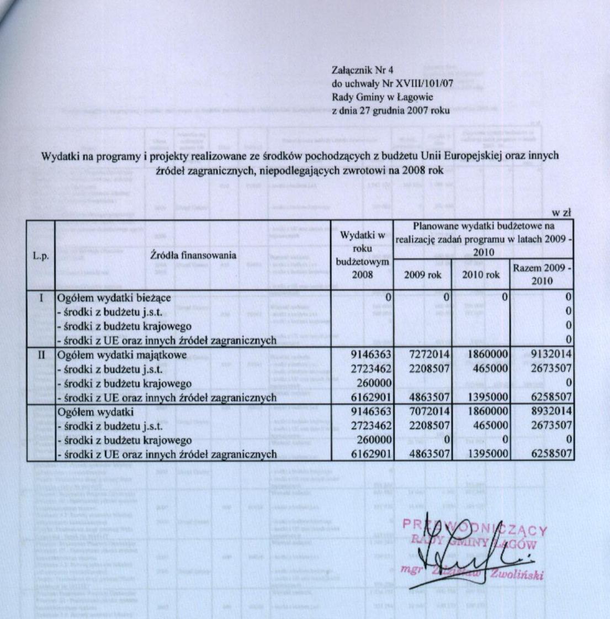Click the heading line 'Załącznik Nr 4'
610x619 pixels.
pyautogui.click(x=362, y=70)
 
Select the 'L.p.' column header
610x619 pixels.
pyautogui.click(x=40, y=256)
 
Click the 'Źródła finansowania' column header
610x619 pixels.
pyautogui.click(x=193, y=256)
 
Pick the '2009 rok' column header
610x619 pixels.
pyautogui.click(x=423, y=275)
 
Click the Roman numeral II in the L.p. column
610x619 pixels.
pyautogui.click(x=40, y=354)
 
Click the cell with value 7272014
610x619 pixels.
pyautogui.click(x=428, y=354)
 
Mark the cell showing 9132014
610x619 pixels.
pyautogui.click(x=548, y=354)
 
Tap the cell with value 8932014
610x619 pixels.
pyautogui.click(x=548, y=411)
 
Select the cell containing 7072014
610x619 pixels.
pyautogui.click(x=428, y=411)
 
